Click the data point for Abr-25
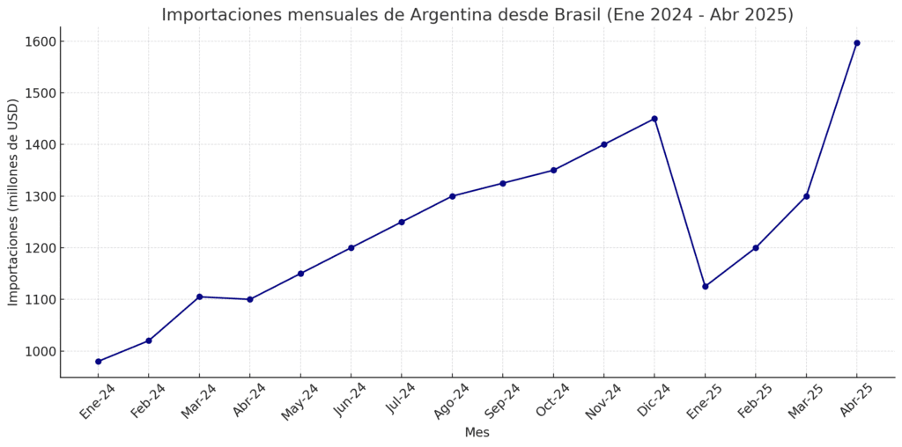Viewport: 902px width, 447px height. tap(857, 43)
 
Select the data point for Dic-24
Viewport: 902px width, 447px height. tap(654, 119)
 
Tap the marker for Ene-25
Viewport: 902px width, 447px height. tap(706, 286)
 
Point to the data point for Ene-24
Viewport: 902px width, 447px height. tap(98, 362)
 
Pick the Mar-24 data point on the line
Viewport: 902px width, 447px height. tap(199, 297)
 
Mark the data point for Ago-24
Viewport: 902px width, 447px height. tap(452, 196)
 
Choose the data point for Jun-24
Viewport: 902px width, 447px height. tap(351, 247)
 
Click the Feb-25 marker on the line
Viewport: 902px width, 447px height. tap(756, 247)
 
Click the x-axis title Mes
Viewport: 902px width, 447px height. tap(477, 433)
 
